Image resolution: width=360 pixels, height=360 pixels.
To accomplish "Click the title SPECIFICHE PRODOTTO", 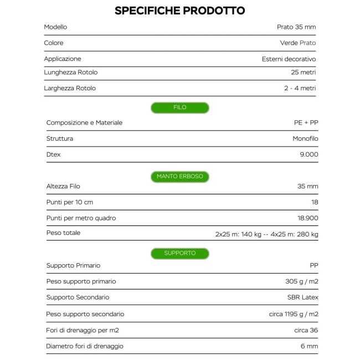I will click(179, 11).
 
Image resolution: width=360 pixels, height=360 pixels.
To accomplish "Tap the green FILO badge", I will click(179, 107).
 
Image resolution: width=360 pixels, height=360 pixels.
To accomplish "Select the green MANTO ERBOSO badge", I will click(179, 177).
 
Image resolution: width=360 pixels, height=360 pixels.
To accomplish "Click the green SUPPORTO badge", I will click(179, 253).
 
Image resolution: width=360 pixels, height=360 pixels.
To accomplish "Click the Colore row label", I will click(54, 43).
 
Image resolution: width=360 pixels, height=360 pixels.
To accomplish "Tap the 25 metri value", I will click(303, 73).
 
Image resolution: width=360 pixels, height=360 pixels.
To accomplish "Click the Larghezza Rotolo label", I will click(70, 88).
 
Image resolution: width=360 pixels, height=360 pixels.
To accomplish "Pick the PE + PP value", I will click(306, 122).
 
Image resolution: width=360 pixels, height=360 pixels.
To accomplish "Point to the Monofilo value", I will click(305, 138).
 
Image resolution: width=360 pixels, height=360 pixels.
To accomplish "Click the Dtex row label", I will click(54, 155).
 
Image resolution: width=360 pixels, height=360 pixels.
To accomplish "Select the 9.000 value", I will click(308, 155).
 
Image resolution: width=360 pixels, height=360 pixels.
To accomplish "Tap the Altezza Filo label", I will click(63, 186).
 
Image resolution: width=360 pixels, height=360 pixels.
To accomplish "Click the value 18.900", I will click(307, 218).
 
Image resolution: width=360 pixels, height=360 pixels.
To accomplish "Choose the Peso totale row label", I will click(63, 233).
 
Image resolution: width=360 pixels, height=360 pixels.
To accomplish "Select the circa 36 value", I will click(306, 331).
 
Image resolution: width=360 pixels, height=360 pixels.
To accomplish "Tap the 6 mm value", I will click(309, 346).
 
